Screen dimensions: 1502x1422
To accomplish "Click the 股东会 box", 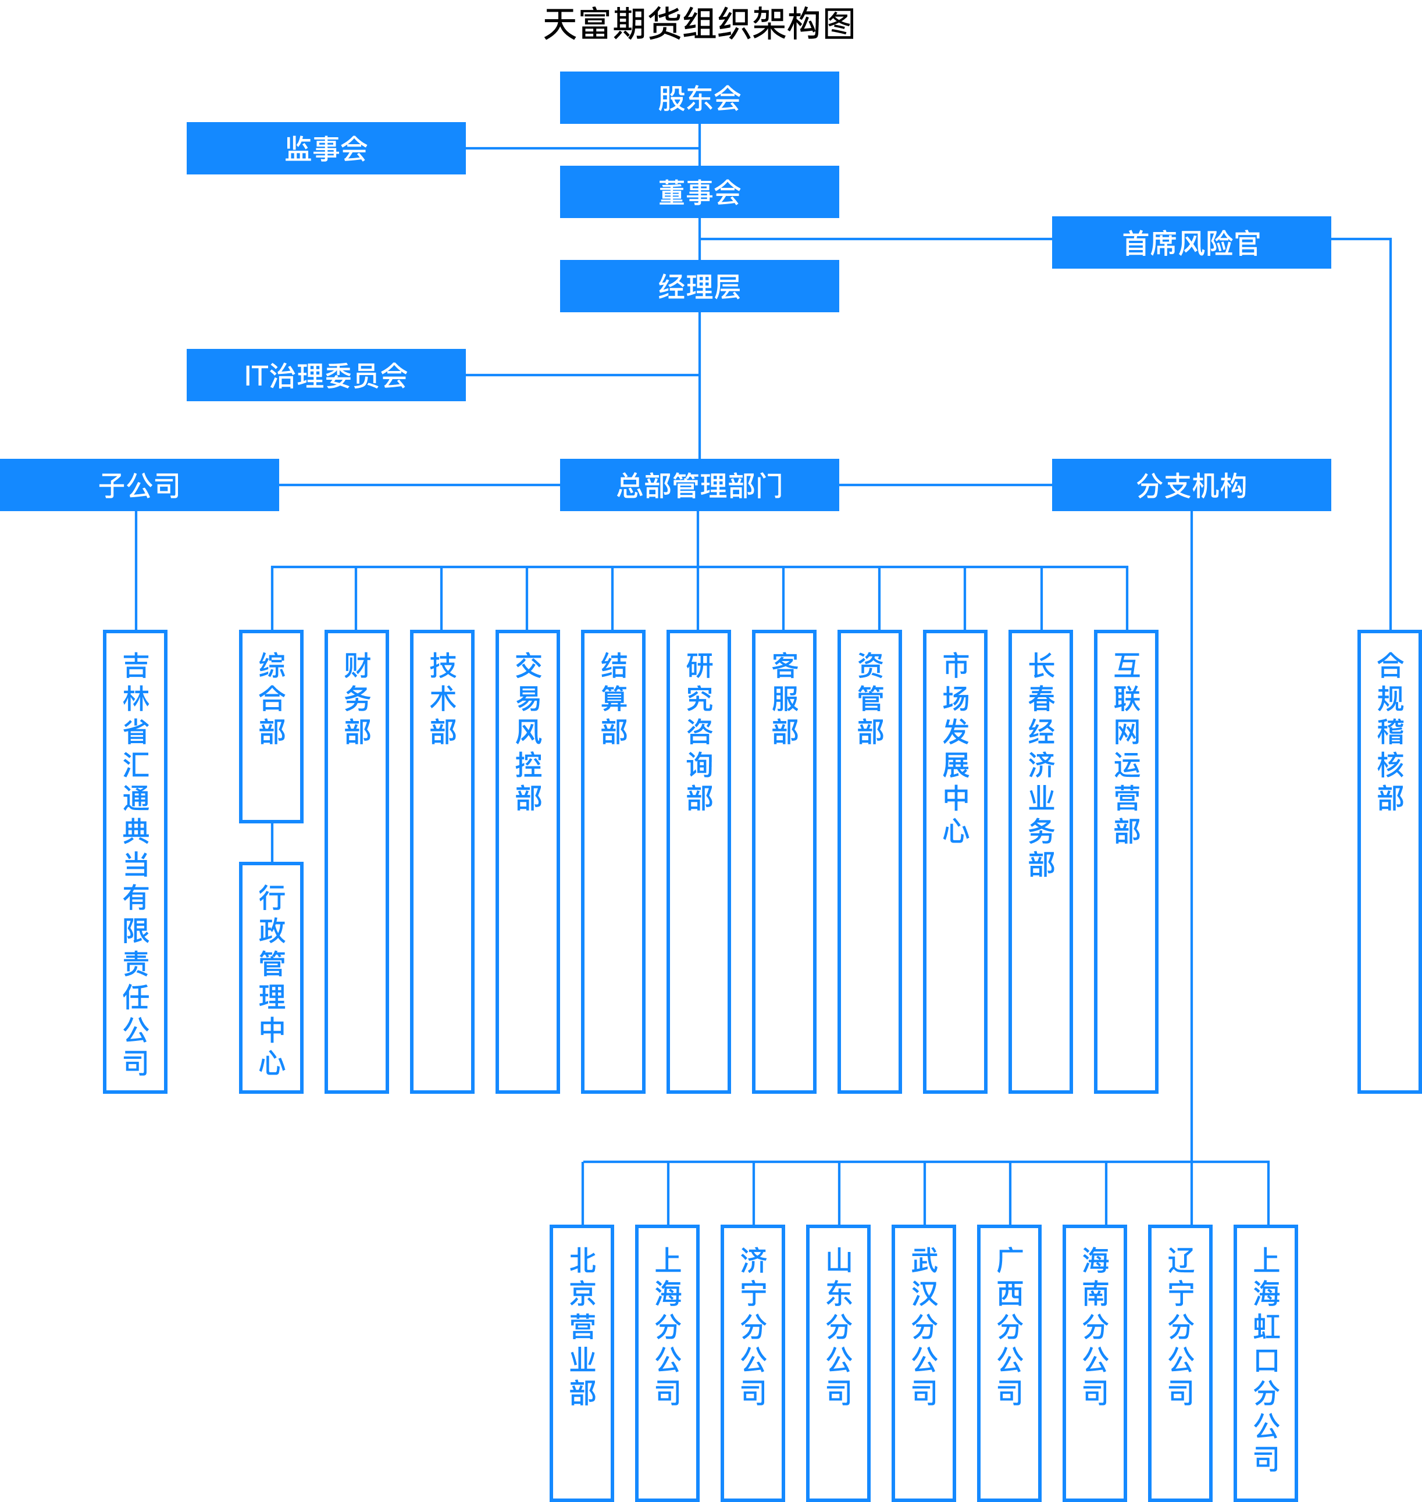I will (x=699, y=98).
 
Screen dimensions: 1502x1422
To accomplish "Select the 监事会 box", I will (x=326, y=148).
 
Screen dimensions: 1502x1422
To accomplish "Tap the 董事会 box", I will (x=699, y=192).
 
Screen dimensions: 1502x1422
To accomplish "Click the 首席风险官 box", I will (x=1191, y=242).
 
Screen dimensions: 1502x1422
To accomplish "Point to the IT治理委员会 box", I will (x=326, y=375).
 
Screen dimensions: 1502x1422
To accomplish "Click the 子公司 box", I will (x=140, y=485).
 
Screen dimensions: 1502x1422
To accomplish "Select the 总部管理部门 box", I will (x=699, y=485).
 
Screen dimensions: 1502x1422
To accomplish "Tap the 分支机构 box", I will (x=1191, y=485).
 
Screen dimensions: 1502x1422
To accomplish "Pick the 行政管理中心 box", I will (x=272, y=977).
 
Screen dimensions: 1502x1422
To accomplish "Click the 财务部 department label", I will (x=357, y=699).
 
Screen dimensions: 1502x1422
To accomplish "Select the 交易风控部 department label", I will (x=528, y=732).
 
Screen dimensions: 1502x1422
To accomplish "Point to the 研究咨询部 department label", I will (x=699, y=732).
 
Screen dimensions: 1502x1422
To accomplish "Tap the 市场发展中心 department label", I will (x=956, y=747).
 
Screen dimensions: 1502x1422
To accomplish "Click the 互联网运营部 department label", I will (x=1127, y=747).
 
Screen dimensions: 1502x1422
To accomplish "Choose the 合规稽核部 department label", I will (x=1390, y=732).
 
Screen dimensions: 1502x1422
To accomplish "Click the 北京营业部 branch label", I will (x=582, y=1326).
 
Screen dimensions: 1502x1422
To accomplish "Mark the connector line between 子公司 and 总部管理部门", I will (x=419, y=485).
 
